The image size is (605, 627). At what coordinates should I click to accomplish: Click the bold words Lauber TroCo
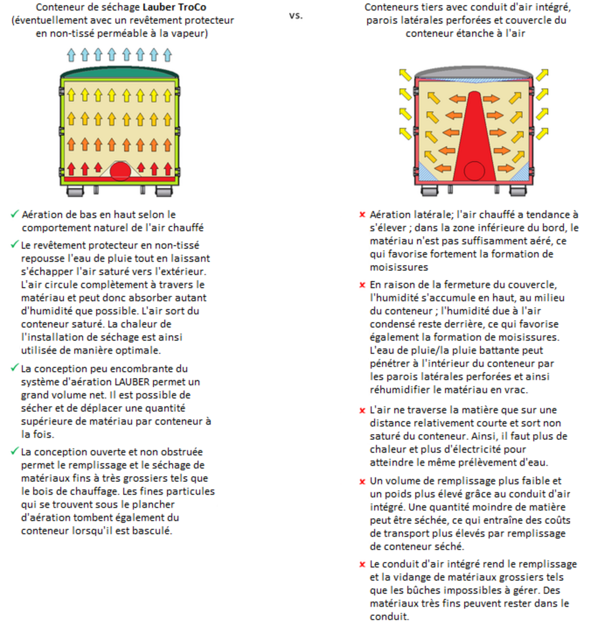[x=174, y=7]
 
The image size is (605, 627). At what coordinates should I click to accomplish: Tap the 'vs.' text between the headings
[x=296, y=15]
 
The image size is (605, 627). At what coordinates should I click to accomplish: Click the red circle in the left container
[x=120, y=171]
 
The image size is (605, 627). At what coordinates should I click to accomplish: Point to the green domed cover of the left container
[x=119, y=72]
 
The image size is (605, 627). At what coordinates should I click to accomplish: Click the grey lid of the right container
[x=473, y=73]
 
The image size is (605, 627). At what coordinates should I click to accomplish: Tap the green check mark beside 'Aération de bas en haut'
[x=15, y=214]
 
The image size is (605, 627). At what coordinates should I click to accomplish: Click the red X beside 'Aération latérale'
[x=362, y=215]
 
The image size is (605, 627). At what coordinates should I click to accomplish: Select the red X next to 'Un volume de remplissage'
[x=362, y=481]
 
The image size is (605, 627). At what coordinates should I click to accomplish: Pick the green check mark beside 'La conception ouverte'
[x=15, y=452]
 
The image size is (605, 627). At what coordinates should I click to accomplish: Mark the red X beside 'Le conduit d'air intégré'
[x=362, y=565]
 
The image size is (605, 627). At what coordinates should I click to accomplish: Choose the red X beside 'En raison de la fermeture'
[x=362, y=285]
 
